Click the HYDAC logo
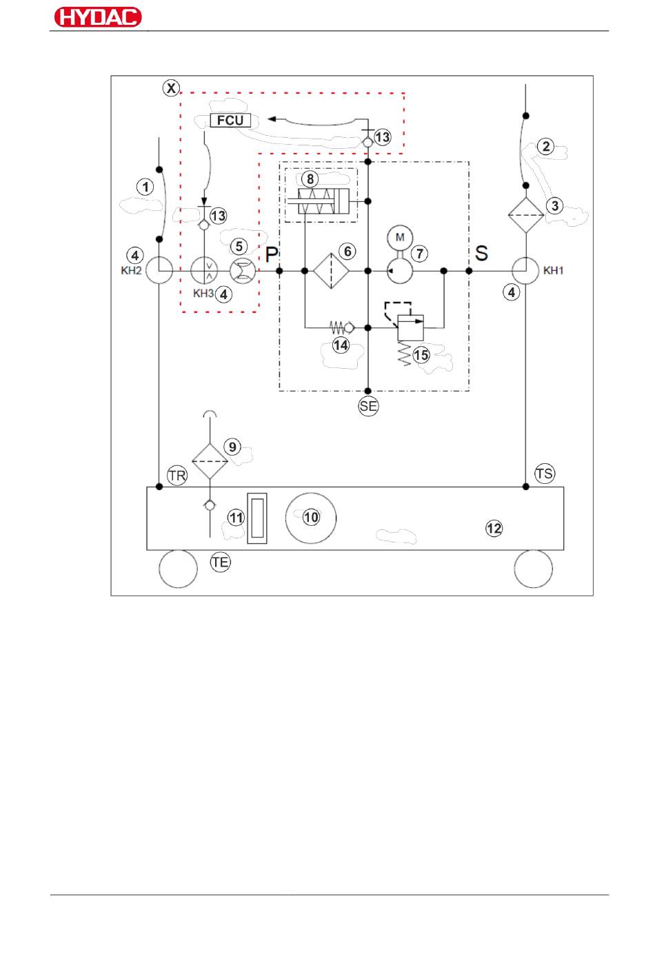97,17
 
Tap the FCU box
230,120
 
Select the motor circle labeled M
400,237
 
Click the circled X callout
171,88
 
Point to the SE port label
368,406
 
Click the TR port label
177,476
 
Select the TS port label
544,474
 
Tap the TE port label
220,562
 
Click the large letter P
272,254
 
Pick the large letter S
481,253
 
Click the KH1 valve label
554,270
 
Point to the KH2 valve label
131,271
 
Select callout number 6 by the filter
347,252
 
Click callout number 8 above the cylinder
310,179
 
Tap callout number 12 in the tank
494,529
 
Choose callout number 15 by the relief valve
421,355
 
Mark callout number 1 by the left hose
145,187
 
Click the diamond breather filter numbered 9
210,461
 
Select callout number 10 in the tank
312,517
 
